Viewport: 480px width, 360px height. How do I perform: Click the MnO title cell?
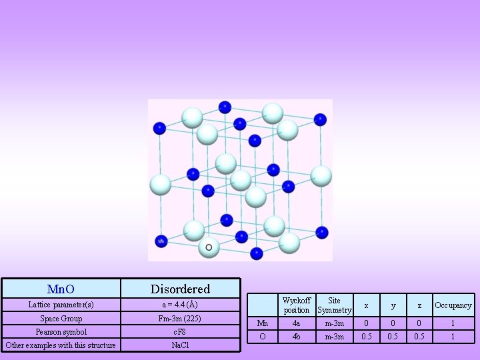(61, 289)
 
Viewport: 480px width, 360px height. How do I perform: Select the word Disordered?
(180, 289)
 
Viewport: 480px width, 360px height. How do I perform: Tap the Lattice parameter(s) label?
(61, 305)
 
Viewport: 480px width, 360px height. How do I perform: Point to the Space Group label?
(61, 319)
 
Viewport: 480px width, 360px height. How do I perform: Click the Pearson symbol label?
(61, 331)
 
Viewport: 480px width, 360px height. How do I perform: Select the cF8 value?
(179, 331)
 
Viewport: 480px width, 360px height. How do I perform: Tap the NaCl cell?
(179, 345)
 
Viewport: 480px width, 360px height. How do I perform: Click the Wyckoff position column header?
(296, 305)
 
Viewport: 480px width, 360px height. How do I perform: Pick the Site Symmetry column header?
(334, 305)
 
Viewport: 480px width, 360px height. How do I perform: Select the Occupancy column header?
(453, 305)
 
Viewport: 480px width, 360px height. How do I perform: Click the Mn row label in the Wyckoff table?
(262, 323)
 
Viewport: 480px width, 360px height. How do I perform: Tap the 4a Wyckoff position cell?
(296, 323)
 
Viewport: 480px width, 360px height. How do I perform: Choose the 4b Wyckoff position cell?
(296, 337)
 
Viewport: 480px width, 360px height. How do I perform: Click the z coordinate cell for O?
(419, 337)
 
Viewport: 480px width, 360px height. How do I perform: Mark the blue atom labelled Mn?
(161, 240)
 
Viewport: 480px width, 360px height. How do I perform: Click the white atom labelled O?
(209, 247)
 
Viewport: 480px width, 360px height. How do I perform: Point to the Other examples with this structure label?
(61, 345)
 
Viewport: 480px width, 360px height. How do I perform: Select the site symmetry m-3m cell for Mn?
(334, 323)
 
